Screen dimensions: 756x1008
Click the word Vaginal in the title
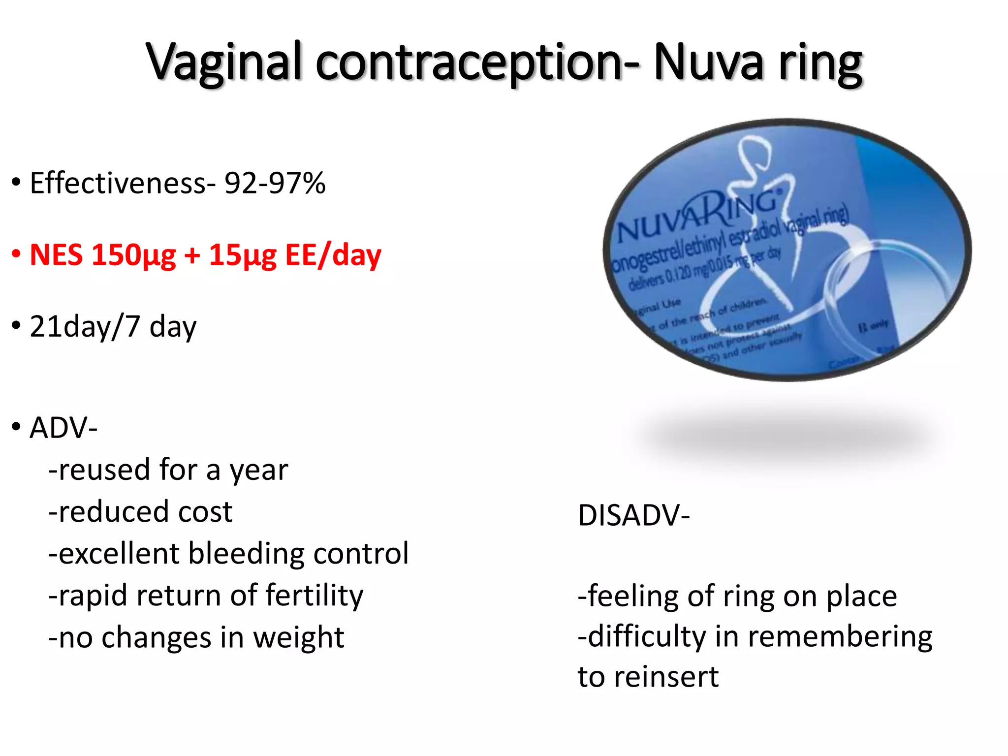coord(224,63)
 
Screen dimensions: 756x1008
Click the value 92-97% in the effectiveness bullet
coord(275,183)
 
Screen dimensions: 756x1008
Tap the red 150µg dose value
coord(133,255)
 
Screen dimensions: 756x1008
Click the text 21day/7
coord(85,326)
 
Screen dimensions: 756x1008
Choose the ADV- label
coord(63,427)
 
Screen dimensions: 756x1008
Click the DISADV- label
coord(634,515)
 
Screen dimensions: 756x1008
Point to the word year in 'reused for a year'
coord(259,471)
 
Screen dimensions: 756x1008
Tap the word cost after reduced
coord(205,512)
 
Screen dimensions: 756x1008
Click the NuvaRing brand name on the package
coord(696,217)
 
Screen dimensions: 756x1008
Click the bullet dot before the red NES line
coord(16,254)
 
